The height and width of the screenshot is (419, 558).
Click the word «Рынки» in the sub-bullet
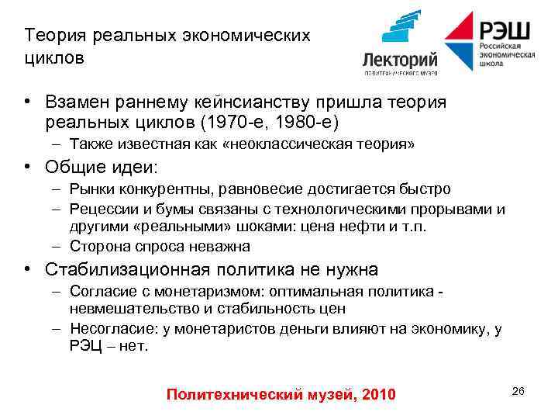pos(89,189)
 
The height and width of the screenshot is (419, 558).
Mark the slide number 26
pos(518,391)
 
